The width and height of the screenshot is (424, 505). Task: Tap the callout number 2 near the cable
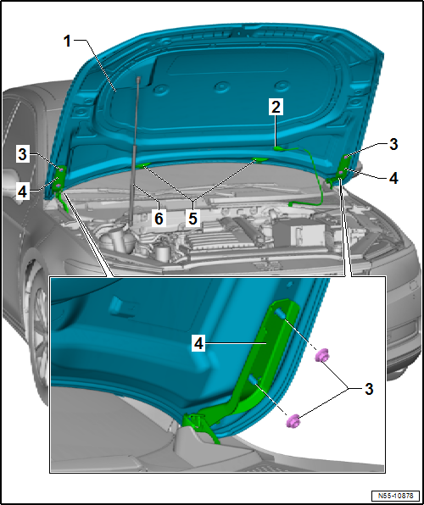pos(276,107)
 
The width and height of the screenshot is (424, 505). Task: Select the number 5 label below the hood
pos(193,218)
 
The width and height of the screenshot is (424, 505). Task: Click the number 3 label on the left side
pos(24,154)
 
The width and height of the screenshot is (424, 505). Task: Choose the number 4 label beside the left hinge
pos(24,191)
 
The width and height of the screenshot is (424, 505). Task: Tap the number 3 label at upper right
pos(393,145)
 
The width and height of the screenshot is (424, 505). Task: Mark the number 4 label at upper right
pos(393,179)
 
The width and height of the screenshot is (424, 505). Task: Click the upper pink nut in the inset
pos(321,354)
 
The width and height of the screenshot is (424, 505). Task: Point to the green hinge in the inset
pos(254,373)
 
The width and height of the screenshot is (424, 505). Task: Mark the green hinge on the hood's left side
pos(60,179)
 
